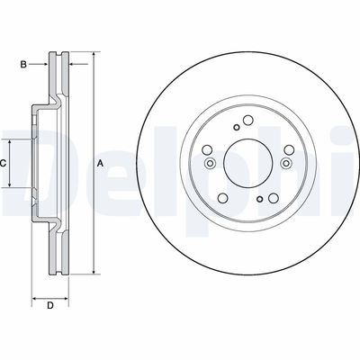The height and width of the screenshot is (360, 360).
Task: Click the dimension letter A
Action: click(x=101, y=163)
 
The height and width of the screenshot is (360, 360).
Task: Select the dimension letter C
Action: click(x=4, y=163)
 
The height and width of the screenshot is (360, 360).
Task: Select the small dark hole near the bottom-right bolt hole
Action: click(x=259, y=200)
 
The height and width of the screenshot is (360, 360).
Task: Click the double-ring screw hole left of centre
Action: click(x=209, y=164)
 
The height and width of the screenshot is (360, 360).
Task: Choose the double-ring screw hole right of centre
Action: click(x=285, y=164)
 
